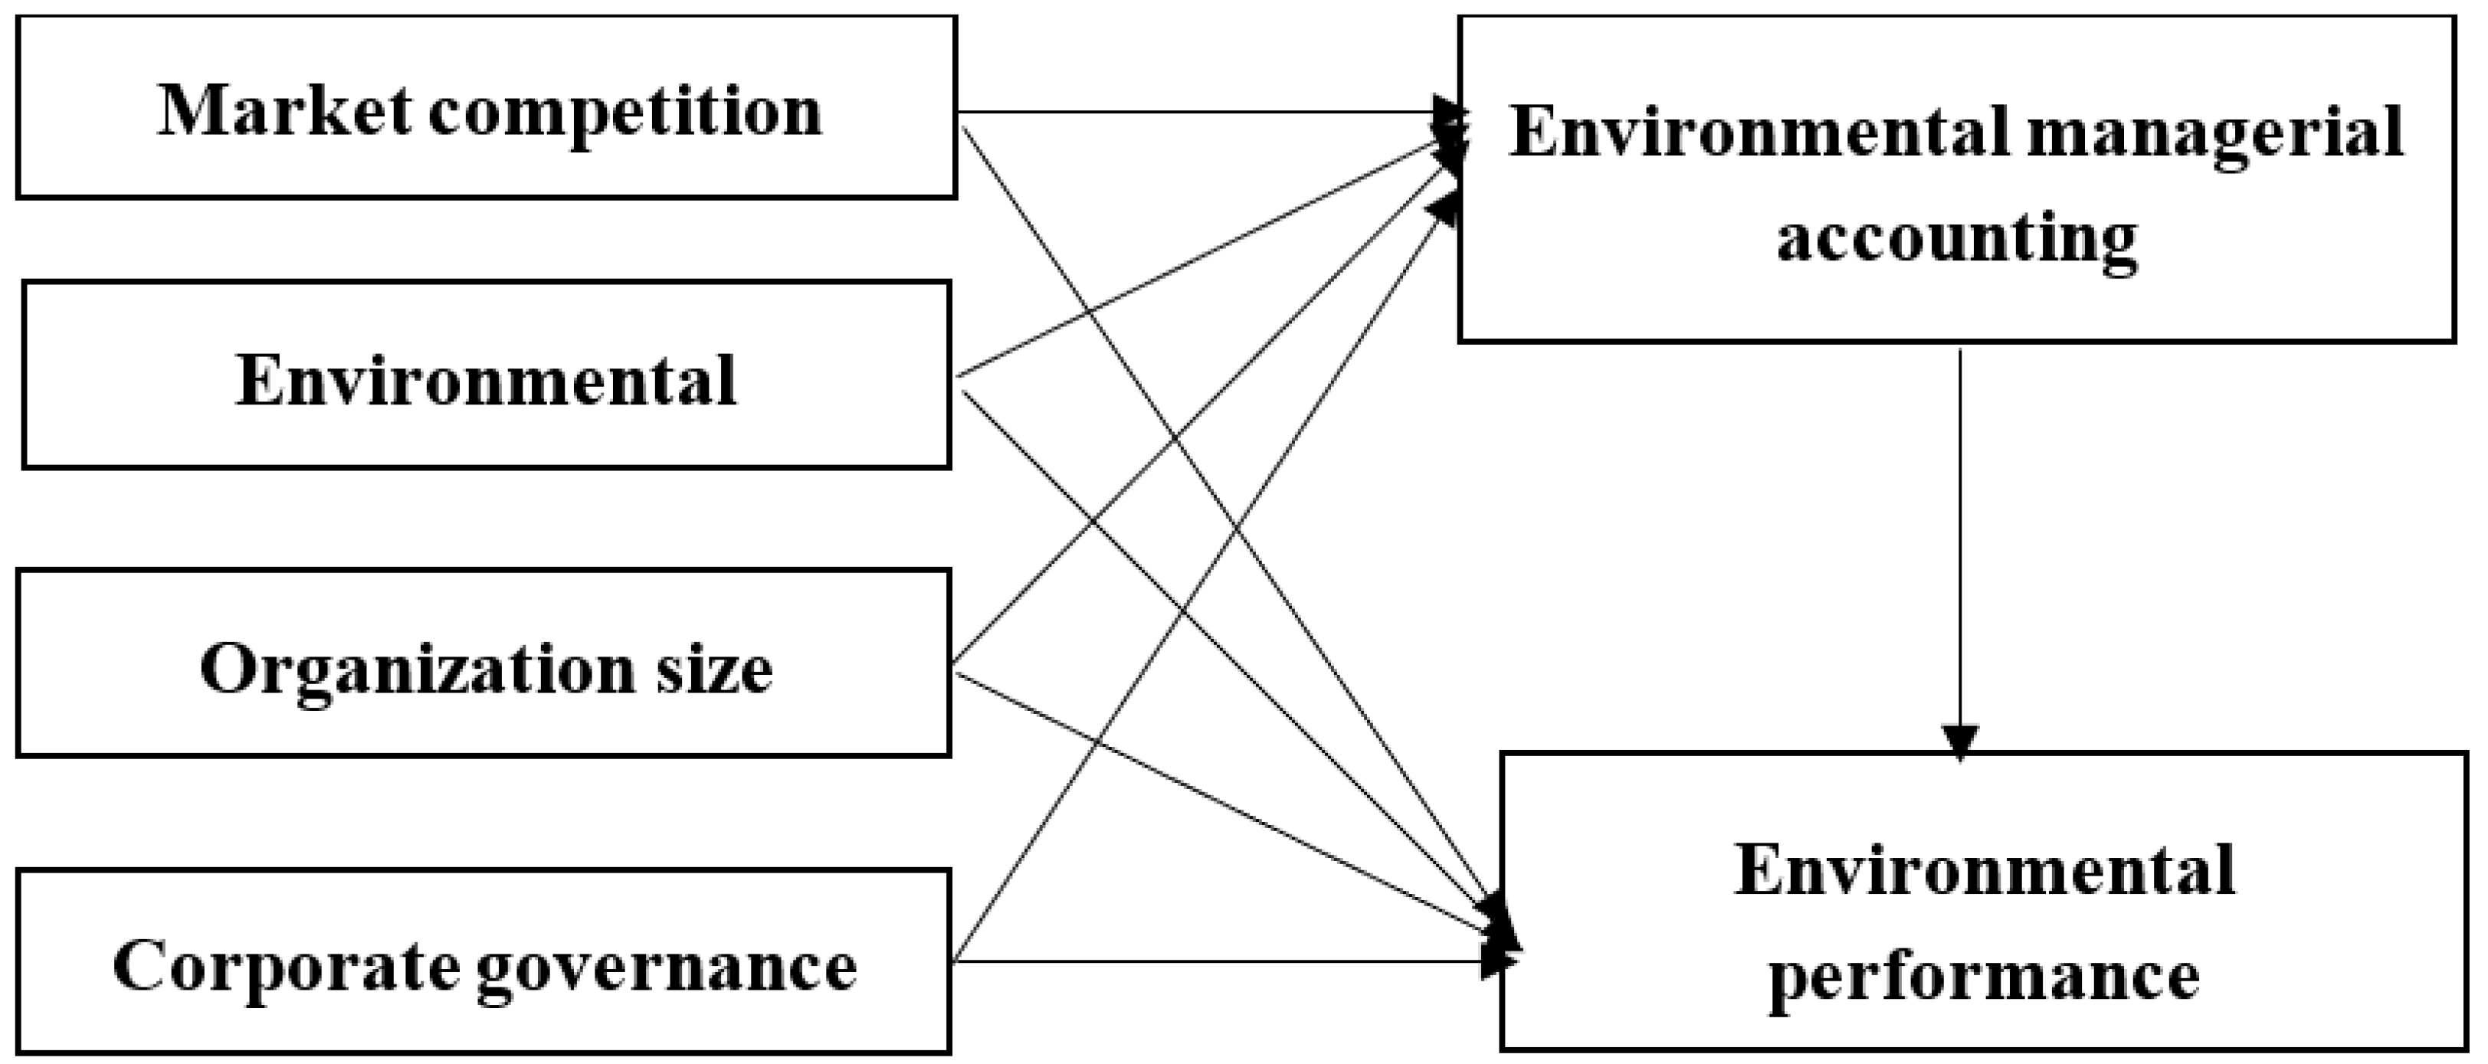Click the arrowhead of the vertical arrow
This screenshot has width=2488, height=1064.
(1960, 742)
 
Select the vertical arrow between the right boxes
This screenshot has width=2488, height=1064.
(1960, 541)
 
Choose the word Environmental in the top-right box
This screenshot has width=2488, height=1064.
(1760, 133)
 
